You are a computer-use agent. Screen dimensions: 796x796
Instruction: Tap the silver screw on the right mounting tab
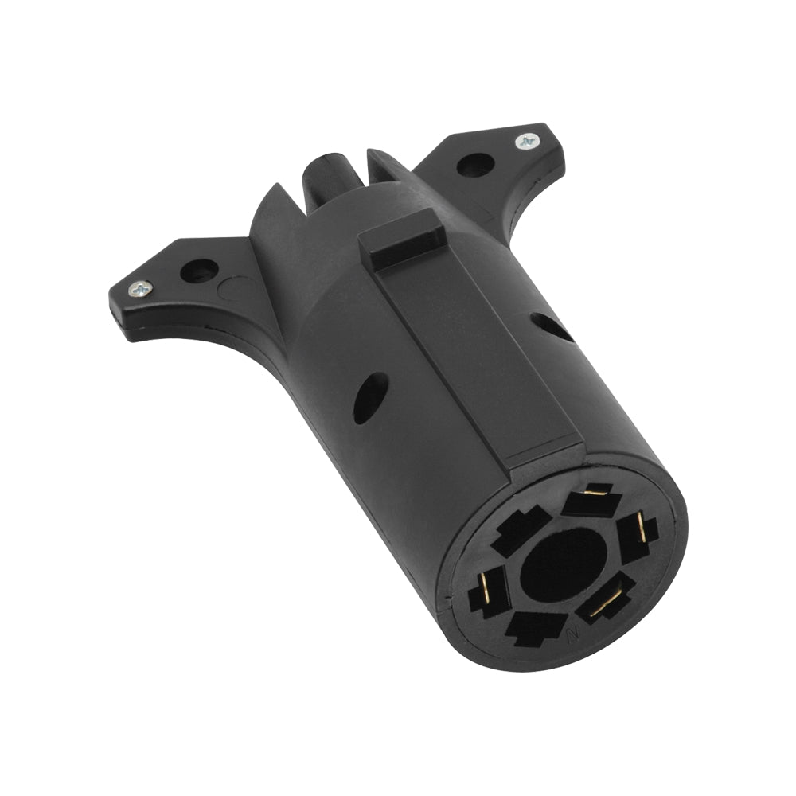(525, 142)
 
